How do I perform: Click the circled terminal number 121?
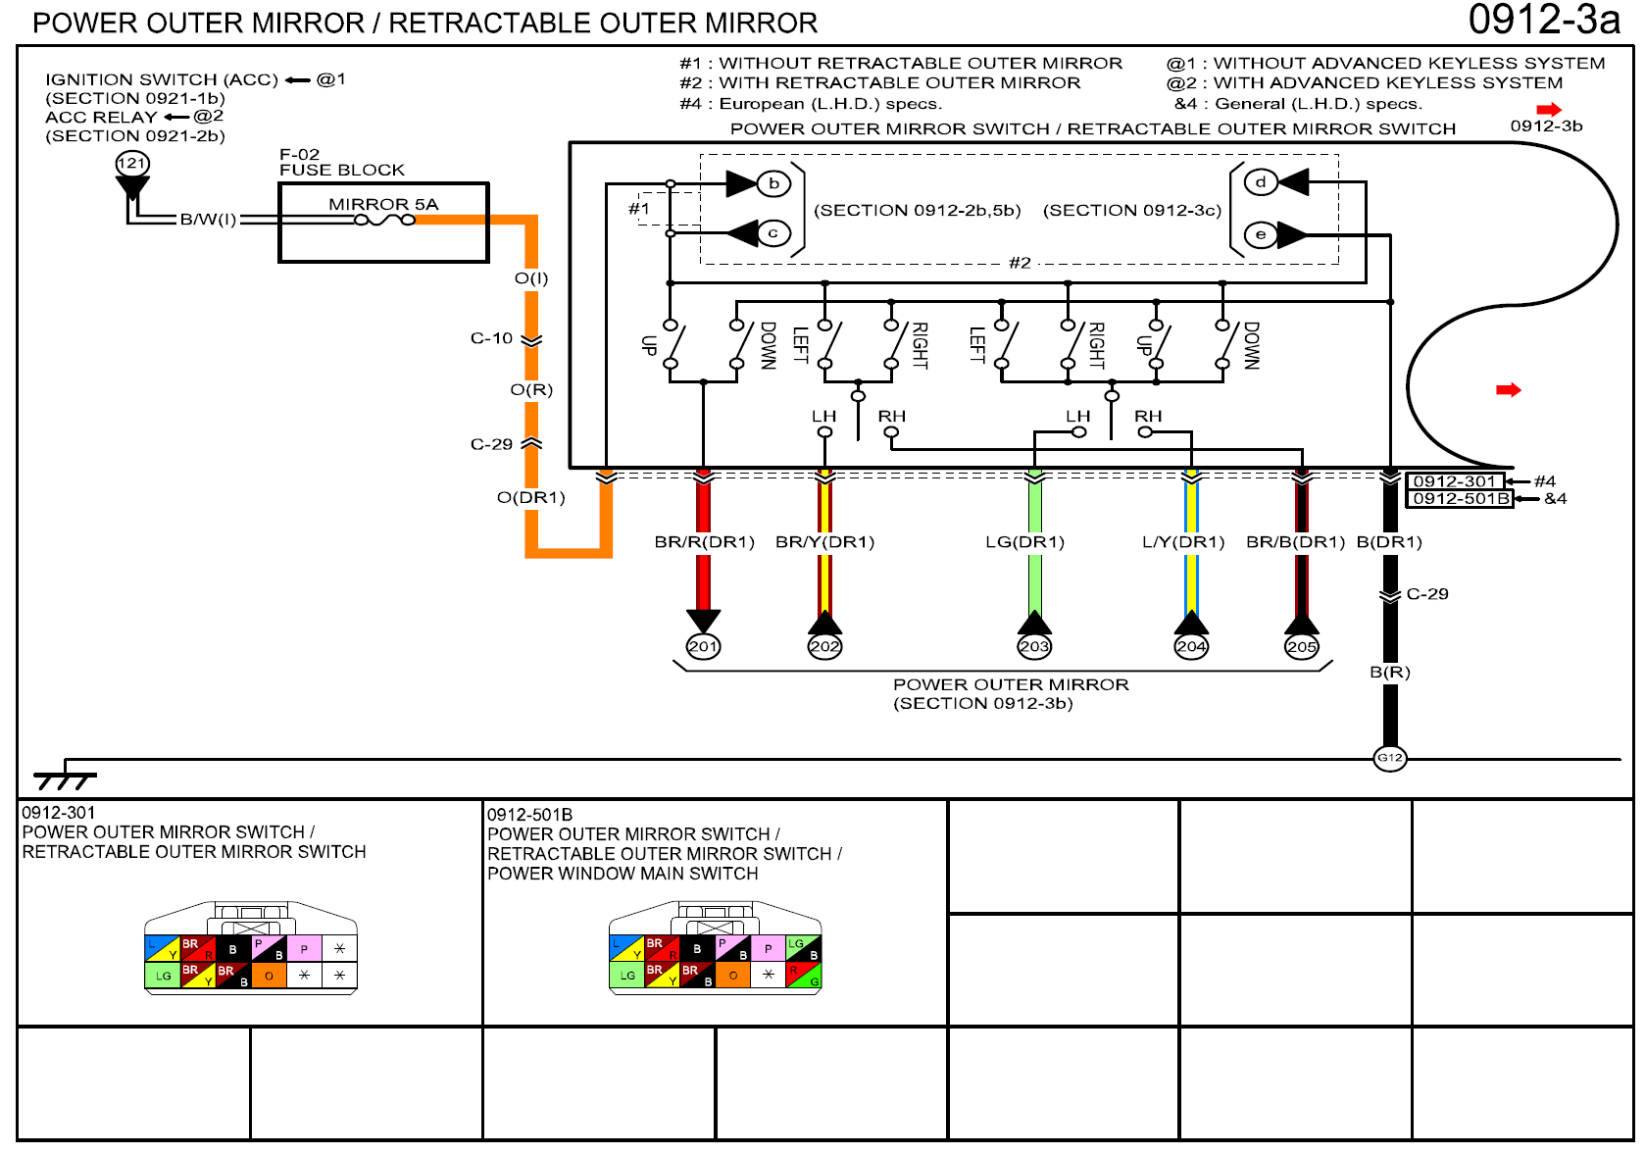tap(132, 164)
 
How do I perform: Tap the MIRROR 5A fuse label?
tap(383, 204)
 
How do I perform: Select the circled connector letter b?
tap(773, 183)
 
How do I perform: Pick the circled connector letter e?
tap(1261, 234)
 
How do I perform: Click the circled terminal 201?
tap(703, 646)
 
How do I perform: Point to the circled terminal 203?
tap(1034, 646)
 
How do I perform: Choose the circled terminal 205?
tap(1302, 646)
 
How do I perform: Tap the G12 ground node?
tap(1390, 758)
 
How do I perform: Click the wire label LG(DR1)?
tap(1024, 542)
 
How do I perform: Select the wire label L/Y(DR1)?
tap(1183, 542)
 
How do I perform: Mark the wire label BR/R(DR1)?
tap(704, 542)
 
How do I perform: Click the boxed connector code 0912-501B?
tap(1460, 498)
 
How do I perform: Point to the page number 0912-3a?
tap(1543, 21)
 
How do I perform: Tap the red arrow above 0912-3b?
tap(1549, 109)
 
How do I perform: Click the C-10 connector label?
tap(491, 338)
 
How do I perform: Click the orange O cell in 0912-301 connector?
tap(269, 976)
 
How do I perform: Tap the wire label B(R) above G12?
tap(1389, 673)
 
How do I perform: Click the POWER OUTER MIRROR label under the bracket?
tap(1011, 684)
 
